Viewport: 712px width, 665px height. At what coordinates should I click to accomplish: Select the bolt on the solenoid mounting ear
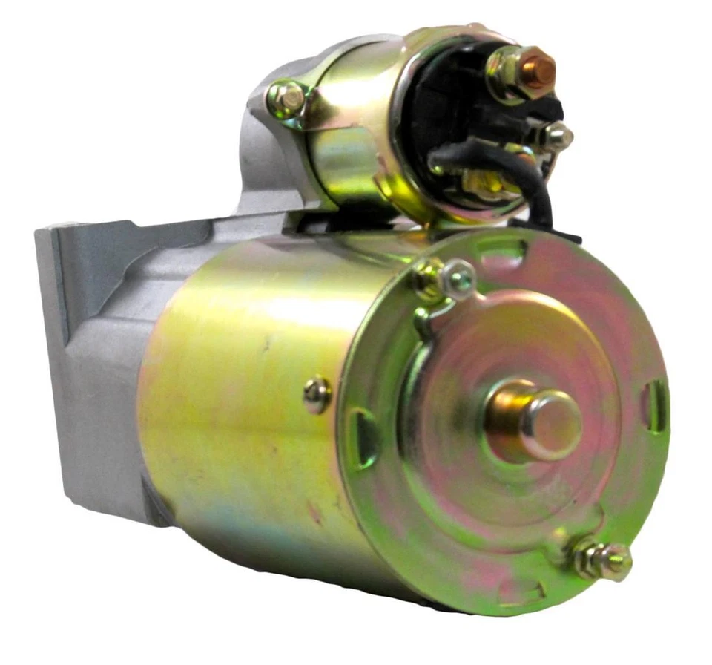point(286,98)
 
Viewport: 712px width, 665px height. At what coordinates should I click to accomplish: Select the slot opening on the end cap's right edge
point(655,406)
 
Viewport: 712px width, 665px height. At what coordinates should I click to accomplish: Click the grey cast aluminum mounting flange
point(82,349)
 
